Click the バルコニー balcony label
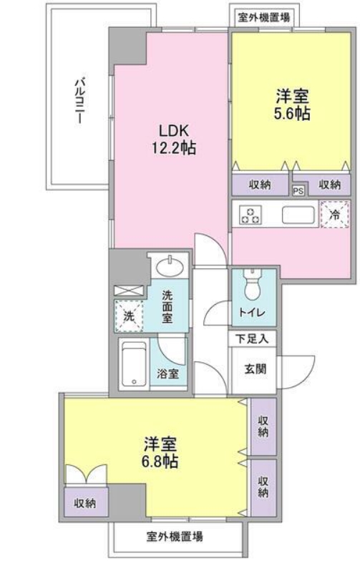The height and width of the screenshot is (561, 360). [x=78, y=101]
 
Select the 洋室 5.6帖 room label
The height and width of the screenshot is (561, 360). [x=293, y=104]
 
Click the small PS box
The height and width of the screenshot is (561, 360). [x=298, y=190]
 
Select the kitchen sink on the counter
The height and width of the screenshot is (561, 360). [x=297, y=215]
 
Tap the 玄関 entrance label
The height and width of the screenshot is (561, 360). [x=253, y=371]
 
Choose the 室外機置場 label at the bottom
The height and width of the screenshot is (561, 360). [x=175, y=536]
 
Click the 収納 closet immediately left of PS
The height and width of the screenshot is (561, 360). [x=260, y=185]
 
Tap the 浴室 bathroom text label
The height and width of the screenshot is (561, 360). [x=168, y=374]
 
